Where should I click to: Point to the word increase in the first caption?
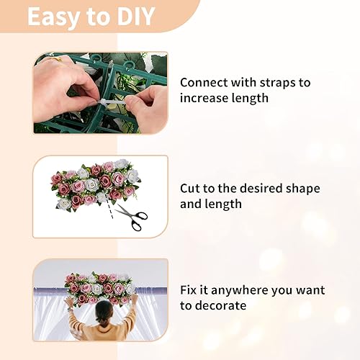pos(204,99)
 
